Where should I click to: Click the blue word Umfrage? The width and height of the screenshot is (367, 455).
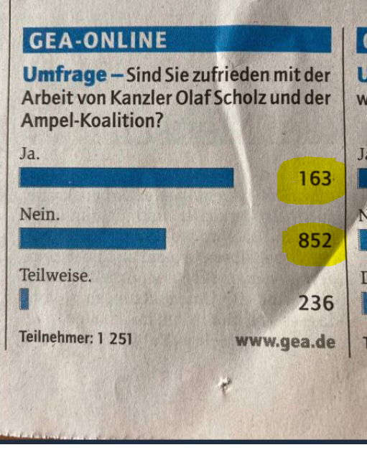click(x=58, y=75)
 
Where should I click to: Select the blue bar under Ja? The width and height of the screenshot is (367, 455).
click(x=127, y=177)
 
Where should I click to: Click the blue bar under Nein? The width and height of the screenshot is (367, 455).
click(x=94, y=239)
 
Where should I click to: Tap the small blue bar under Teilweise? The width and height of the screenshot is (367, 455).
click(x=25, y=299)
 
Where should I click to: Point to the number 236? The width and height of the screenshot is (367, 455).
click(x=317, y=303)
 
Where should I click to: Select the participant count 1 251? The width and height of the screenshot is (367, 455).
click(x=115, y=337)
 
